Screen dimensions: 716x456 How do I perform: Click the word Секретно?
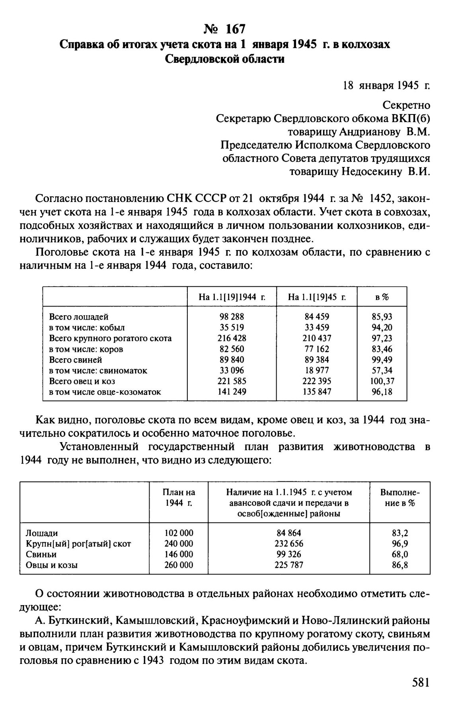click(x=406, y=105)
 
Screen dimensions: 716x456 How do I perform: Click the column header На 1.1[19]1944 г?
click(x=232, y=297)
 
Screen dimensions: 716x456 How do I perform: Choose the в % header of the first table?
click(x=382, y=297)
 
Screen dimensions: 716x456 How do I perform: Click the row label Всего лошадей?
click(x=79, y=317)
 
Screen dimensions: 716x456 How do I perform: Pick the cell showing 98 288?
click(x=232, y=317)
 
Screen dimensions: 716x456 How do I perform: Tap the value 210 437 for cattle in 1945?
click(x=317, y=338)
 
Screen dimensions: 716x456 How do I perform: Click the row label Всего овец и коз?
click(x=82, y=381)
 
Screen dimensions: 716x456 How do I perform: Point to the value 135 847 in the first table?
click(x=317, y=392)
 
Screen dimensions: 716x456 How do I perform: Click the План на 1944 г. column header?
click(x=179, y=498)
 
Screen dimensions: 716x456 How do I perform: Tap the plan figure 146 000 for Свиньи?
click(x=179, y=554)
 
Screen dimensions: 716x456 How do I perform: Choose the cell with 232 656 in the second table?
click(x=288, y=543)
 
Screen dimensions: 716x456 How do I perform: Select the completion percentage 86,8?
click(x=399, y=565)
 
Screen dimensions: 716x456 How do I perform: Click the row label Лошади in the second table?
click(x=42, y=533)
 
